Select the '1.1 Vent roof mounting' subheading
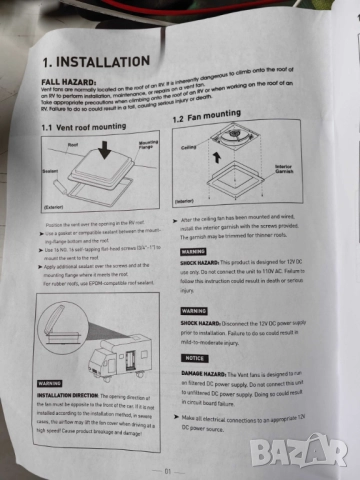coord(86,128)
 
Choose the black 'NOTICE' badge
coord(196,357)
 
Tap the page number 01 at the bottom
coord(171,467)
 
